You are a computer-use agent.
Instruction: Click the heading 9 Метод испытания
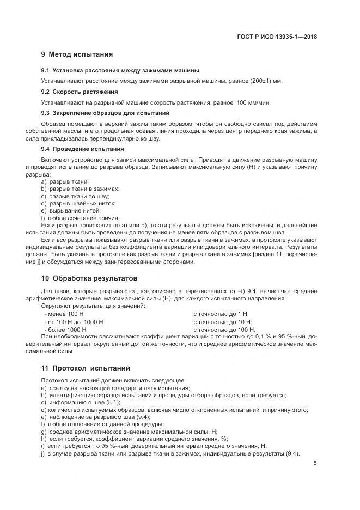(77, 54)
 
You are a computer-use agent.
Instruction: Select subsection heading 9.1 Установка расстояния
(120, 71)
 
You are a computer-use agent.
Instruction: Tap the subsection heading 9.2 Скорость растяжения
(80, 92)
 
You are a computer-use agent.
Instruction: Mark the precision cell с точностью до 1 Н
(221, 315)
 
